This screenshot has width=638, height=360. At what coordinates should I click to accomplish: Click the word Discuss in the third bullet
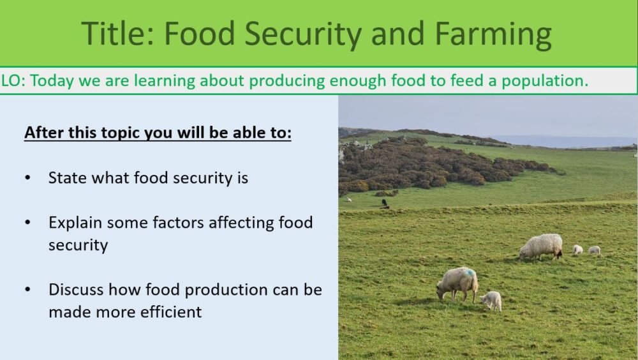pyautogui.click(x=76, y=289)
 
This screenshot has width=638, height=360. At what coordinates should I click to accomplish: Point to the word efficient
pyautogui.click(x=170, y=311)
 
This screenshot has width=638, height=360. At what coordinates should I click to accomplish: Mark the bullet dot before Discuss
pyautogui.click(x=28, y=290)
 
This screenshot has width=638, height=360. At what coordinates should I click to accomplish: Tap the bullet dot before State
pyautogui.click(x=28, y=178)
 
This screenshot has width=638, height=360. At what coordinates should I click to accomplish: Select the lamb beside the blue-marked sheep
pyautogui.click(x=492, y=300)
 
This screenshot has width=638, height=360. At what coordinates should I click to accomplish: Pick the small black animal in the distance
pyautogui.click(x=385, y=202)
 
